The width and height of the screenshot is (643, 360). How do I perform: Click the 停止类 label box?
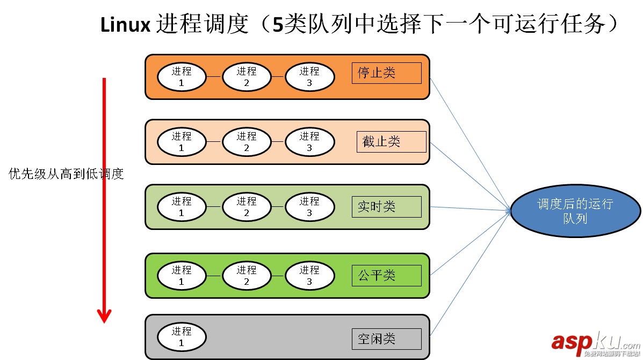point(386,73)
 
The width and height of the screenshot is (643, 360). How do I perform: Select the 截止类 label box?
point(391,142)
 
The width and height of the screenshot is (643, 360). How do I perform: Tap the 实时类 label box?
point(386,207)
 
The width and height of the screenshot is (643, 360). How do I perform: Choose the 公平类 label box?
point(386,276)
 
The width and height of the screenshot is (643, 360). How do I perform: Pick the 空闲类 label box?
point(386,339)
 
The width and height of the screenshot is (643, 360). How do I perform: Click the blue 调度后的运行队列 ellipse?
point(575,211)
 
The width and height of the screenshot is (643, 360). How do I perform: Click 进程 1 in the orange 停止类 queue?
point(182,77)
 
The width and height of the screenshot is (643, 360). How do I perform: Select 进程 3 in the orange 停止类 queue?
point(309,77)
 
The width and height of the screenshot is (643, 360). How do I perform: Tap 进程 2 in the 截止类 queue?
point(247,142)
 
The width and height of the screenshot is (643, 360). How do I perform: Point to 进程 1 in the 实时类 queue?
point(182,207)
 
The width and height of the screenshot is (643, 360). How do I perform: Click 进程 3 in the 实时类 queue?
point(309,207)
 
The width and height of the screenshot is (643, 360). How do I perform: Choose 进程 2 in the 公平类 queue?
point(247,276)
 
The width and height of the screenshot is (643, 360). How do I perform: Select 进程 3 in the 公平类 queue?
point(309,276)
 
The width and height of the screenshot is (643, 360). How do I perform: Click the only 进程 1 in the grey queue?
point(182,337)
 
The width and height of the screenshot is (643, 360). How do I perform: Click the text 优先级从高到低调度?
point(67,174)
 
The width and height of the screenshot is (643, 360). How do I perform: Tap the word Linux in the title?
point(125,25)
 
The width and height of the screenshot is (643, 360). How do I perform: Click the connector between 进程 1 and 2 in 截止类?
point(214,142)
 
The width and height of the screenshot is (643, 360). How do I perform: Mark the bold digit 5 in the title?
point(278,25)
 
